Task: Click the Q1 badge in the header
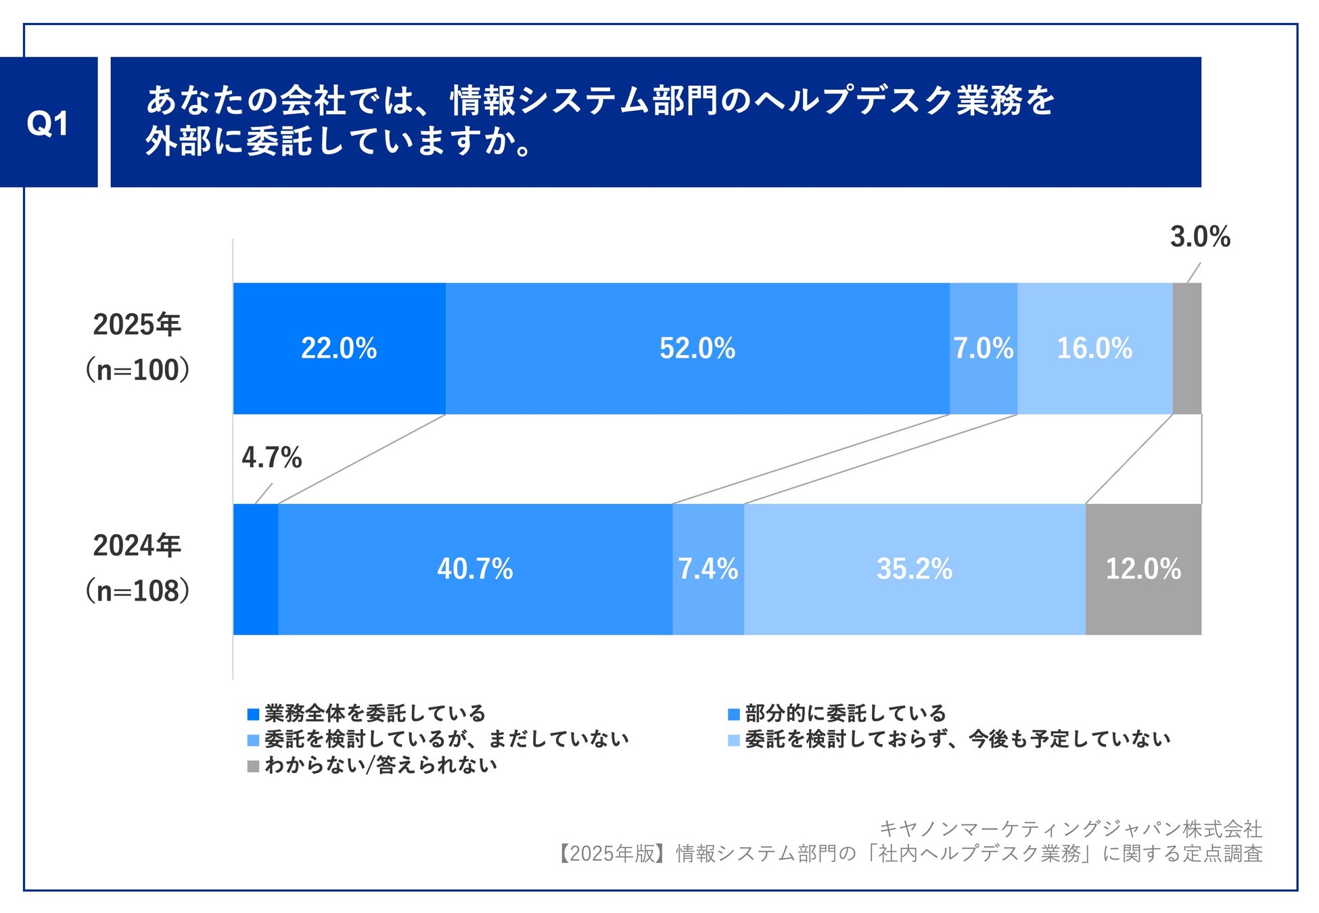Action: click(x=48, y=122)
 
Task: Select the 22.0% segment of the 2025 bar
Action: click(x=339, y=348)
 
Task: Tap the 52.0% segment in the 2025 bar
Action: click(x=697, y=348)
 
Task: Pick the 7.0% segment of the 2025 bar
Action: click(x=984, y=348)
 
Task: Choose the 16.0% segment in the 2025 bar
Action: click(x=1094, y=348)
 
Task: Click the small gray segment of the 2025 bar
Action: click(x=1187, y=348)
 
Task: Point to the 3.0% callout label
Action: click(x=1200, y=237)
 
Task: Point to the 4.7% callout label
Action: click(x=271, y=458)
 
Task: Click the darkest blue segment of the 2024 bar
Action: click(x=256, y=569)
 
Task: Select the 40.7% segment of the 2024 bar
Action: click(x=475, y=569)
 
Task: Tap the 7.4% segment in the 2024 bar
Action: click(x=708, y=569)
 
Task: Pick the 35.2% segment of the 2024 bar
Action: click(x=915, y=569)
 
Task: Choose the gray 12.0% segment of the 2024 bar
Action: click(x=1143, y=569)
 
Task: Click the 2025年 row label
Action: click(x=137, y=325)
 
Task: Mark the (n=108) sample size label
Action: click(x=137, y=591)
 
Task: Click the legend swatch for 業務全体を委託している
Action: click(x=254, y=714)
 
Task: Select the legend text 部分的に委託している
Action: click(x=845, y=713)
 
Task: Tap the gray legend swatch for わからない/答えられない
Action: click(x=254, y=766)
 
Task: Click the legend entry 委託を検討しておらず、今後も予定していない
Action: click(x=957, y=739)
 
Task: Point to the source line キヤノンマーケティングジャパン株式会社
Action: click(x=1070, y=828)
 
